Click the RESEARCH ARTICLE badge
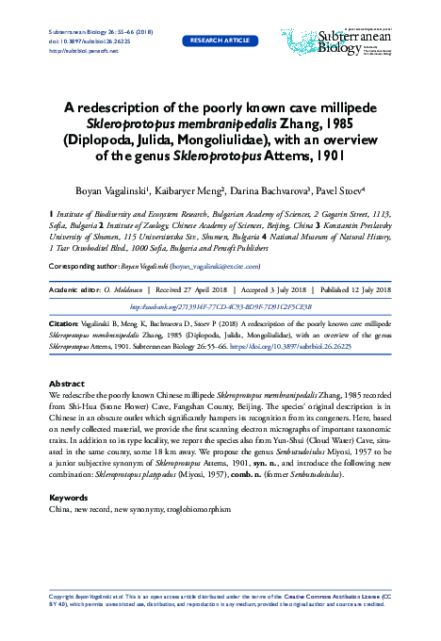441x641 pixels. [x=220, y=41]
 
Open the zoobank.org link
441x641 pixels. [x=220, y=305]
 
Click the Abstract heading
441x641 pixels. [x=67, y=384]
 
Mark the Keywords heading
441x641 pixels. [x=68, y=497]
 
